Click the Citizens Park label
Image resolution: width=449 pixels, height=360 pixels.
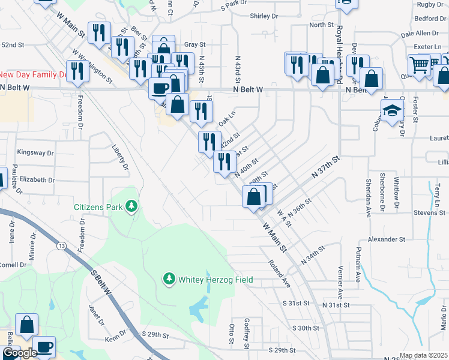tap(98, 207)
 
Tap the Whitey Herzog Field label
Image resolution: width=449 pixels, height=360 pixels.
tap(215, 280)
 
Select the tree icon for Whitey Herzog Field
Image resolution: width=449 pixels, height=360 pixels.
tap(169, 280)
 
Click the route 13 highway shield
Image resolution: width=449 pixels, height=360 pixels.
tap(61, 246)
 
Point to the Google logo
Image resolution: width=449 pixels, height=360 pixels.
tap(19, 353)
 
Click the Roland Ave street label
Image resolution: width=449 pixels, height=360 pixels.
tap(280, 273)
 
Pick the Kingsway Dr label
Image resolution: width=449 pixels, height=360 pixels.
tap(36, 152)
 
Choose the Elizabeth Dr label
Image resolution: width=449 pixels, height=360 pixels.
tap(37, 179)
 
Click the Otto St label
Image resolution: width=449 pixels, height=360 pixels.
tap(232, 334)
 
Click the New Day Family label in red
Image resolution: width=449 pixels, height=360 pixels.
tap(33, 74)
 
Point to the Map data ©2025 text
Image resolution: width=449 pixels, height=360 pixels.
tap(424, 355)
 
